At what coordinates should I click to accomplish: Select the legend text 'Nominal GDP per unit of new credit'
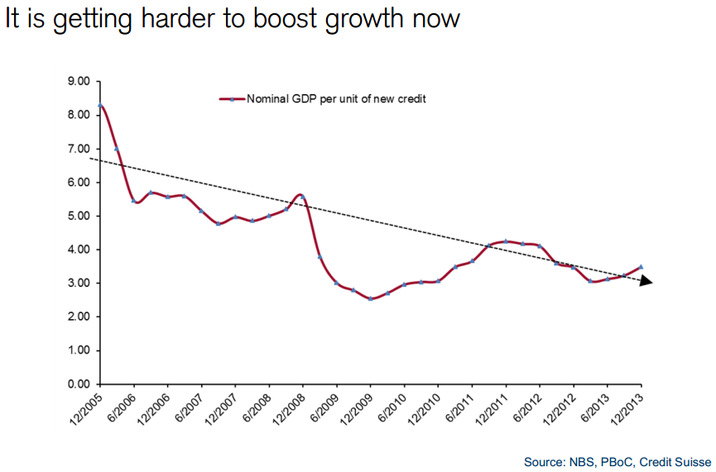tap(336, 98)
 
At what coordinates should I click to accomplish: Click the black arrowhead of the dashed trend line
tap(646, 282)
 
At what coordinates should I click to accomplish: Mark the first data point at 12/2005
tap(100, 106)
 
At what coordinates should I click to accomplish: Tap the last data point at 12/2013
tap(641, 267)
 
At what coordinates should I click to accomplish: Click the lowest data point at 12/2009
tap(370, 298)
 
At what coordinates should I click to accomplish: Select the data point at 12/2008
tap(303, 197)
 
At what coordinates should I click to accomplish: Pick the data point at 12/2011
tap(506, 241)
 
